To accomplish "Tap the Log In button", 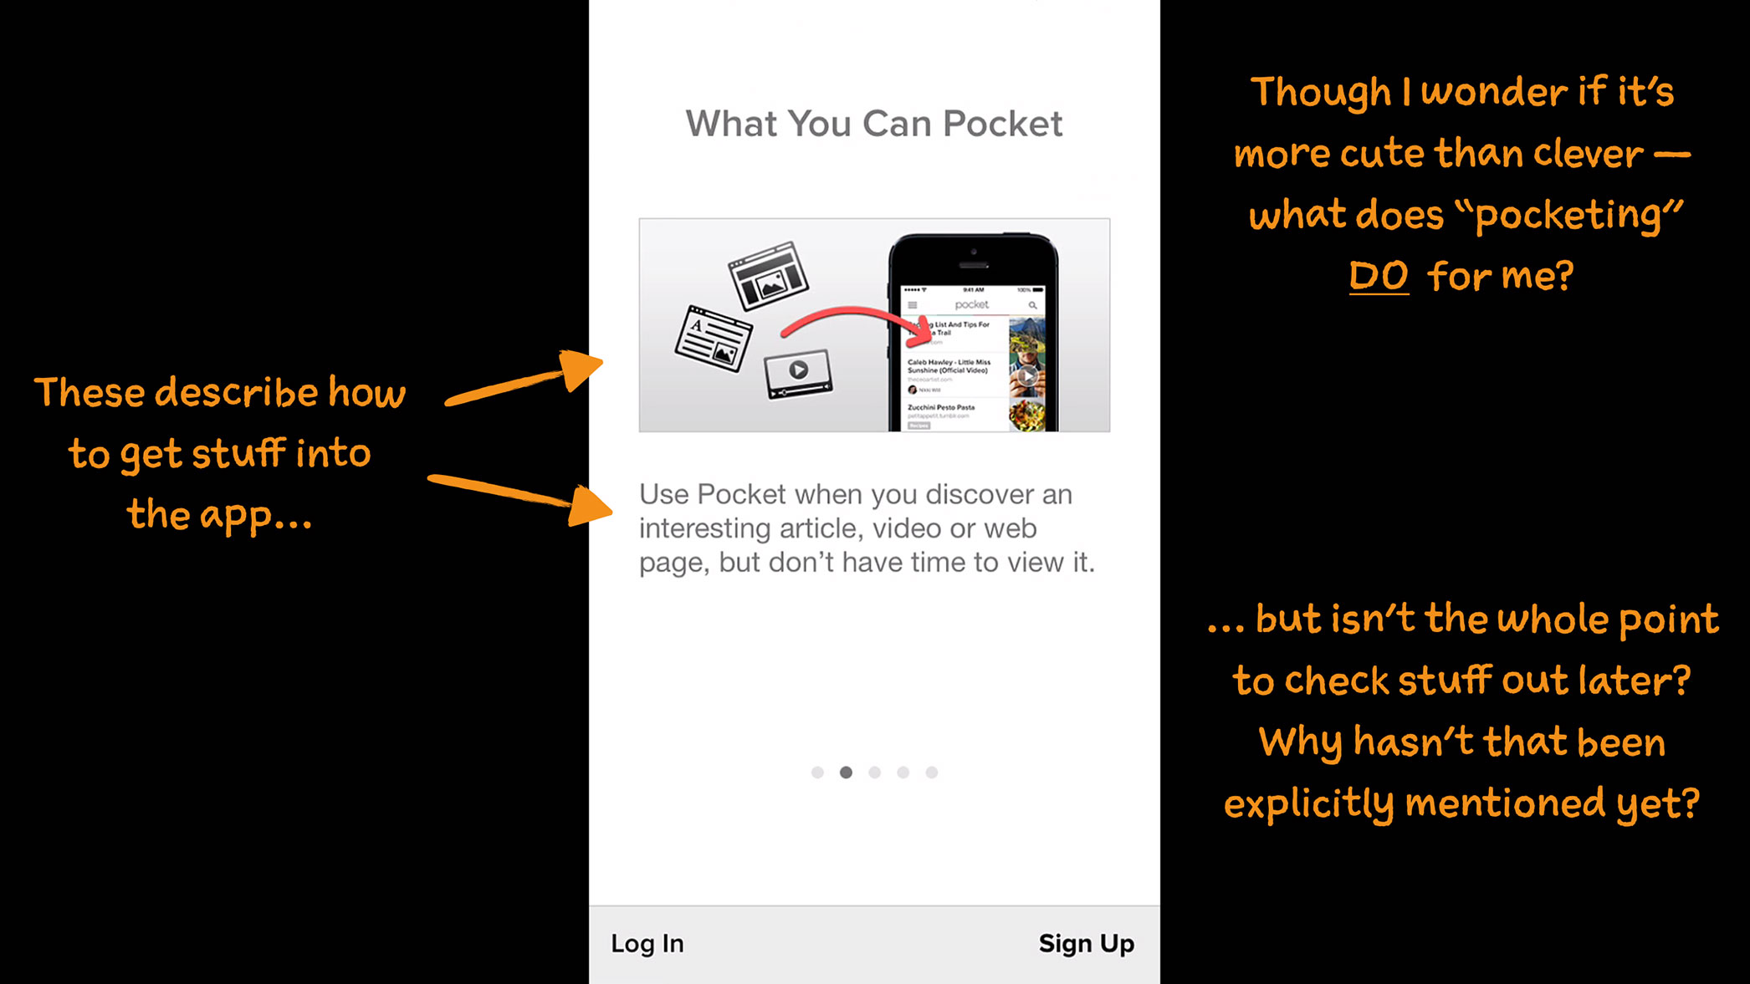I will pos(647,943).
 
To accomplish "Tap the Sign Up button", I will pos(1086,943).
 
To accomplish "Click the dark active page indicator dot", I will pos(846,772).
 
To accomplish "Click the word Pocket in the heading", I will pos(1002,124).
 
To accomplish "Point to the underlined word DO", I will pos(1378,276).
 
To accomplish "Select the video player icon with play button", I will pos(798,372).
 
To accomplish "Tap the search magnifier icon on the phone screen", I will pos(1032,305).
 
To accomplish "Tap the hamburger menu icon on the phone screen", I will pos(913,305).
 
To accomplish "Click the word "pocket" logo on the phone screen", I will pos(971,304).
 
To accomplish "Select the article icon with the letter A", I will pos(714,339).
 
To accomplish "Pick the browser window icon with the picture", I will pos(768,275).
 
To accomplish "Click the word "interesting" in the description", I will pos(705,528).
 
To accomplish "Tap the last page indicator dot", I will pos(931,772).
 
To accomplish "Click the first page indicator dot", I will pos(817,772).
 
